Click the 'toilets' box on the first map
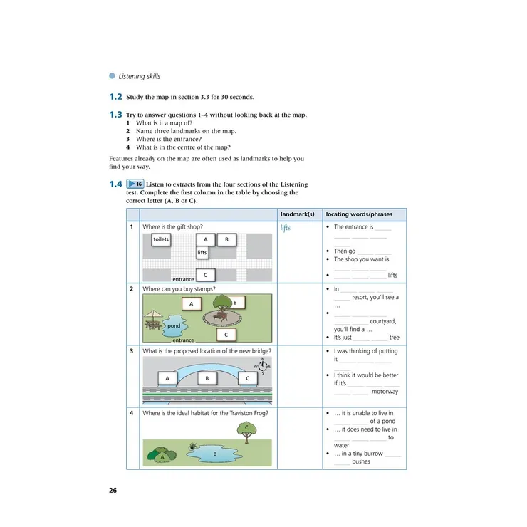click(x=161, y=239)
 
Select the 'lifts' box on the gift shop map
click(x=202, y=252)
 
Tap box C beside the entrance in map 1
click(x=205, y=274)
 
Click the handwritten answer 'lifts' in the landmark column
click(x=286, y=228)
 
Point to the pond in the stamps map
click(x=174, y=326)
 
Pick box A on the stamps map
click(x=191, y=304)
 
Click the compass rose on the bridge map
click(x=263, y=365)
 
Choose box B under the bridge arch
click(x=207, y=378)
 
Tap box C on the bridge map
click(x=248, y=378)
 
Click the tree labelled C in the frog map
click(x=246, y=429)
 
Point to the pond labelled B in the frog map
click(x=214, y=453)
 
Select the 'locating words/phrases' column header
click(x=359, y=214)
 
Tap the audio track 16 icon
click(x=135, y=184)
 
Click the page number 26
click(x=113, y=491)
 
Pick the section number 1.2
click(x=115, y=97)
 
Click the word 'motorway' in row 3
click(x=385, y=392)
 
